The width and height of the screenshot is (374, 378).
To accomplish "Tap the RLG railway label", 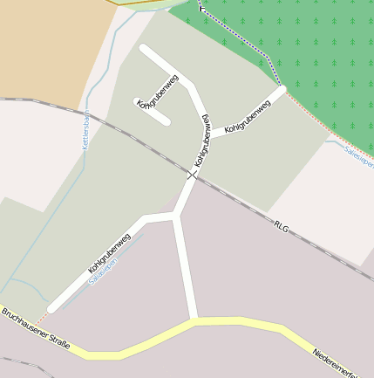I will pyautogui.click(x=281, y=226).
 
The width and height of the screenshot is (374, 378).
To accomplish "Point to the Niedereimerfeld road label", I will pyautogui.click(x=342, y=364).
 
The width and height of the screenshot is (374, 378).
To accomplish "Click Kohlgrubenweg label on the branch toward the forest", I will pyautogui.click(x=248, y=116).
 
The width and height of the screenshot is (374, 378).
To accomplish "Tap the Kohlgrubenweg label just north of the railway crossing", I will pyautogui.click(x=202, y=140).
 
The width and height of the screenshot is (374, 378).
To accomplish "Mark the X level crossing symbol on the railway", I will pyautogui.click(x=192, y=175).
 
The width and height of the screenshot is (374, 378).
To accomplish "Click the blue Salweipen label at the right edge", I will pyautogui.click(x=359, y=156).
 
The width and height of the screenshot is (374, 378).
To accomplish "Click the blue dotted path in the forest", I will pyautogui.click(x=244, y=40).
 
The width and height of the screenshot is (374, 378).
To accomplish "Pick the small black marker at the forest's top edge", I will pyautogui.click(x=202, y=8).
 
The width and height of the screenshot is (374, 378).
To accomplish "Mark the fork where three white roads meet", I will pyautogui.click(x=176, y=215).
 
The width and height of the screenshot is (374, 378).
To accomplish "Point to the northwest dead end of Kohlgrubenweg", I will pyautogui.click(x=145, y=50).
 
